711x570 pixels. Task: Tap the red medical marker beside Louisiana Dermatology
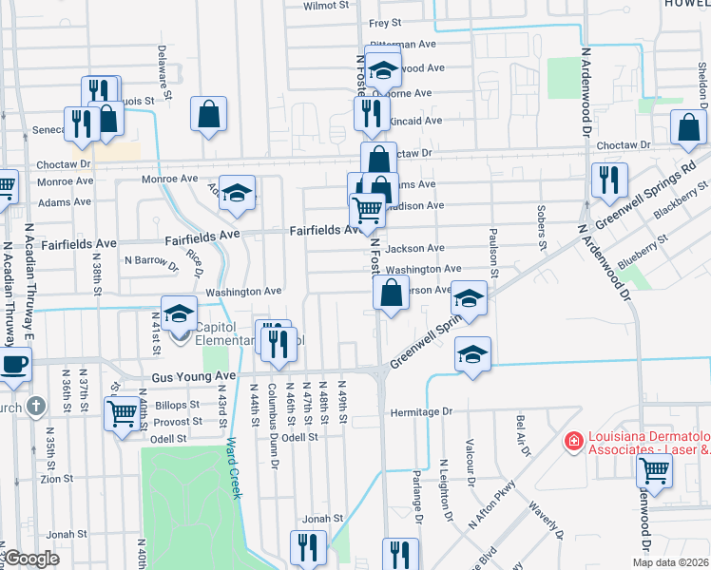click(x=572, y=441)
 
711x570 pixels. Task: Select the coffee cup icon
click(x=13, y=366)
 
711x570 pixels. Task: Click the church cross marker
click(x=35, y=407)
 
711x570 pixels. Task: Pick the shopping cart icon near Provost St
click(x=123, y=415)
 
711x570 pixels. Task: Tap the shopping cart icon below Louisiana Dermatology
click(x=654, y=468)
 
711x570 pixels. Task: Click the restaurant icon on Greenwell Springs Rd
click(x=607, y=180)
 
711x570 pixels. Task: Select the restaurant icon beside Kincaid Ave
click(x=369, y=114)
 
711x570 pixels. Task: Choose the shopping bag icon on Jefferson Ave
click(x=391, y=293)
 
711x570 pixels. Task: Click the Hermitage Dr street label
click(x=424, y=412)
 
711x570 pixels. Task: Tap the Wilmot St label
click(x=326, y=6)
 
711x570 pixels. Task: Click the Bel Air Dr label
click(x=521, y=435)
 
